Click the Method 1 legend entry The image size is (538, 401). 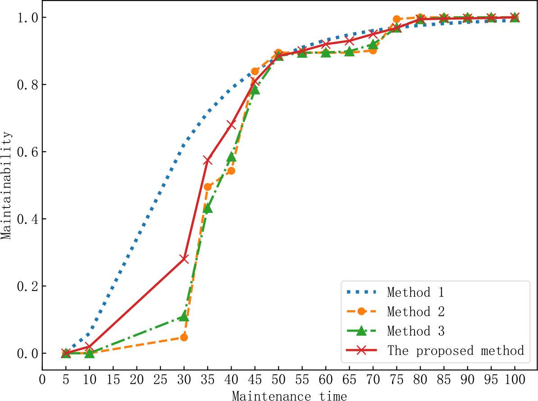(415, 292)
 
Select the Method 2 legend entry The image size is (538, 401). (415, 312)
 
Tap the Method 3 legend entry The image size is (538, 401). (415, 332)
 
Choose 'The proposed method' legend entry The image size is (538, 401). (456, 350)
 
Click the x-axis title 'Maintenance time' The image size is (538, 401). (289, 396)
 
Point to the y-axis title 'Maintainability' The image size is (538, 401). (6, 185)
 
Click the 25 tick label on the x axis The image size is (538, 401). (160, 380)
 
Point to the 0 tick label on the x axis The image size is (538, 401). (43, 380)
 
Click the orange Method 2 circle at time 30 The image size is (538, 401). (184, 337)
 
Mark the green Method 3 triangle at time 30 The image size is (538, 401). (184, 317)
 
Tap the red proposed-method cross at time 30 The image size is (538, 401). (184, 258)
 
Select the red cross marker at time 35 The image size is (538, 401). (208, 161)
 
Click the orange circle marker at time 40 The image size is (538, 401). (231, 171)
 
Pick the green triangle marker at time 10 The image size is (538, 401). (90, 353)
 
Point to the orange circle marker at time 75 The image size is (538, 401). (396, 19)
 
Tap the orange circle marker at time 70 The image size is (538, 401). (373, 50)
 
